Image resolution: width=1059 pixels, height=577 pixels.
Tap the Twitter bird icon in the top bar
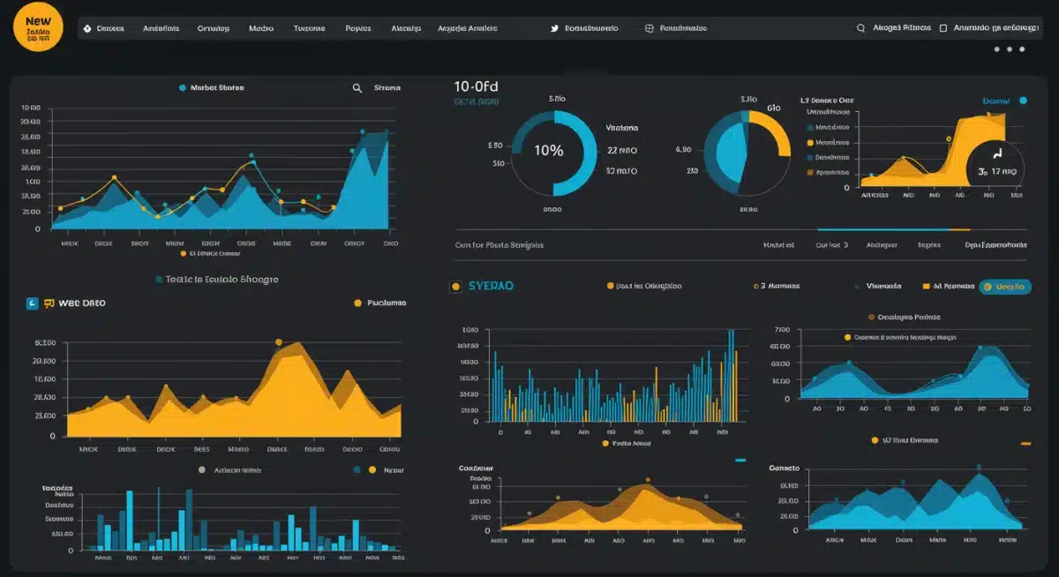pyautogui.click(x=554, y=28)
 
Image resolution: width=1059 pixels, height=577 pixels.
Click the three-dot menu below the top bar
pyautogui.click(x=1010, y=49)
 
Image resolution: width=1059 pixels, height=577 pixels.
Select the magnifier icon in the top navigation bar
pyautogui.click(x=860, y=28)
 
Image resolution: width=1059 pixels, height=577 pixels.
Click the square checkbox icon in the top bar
pyautogui.click(x=943, y=28)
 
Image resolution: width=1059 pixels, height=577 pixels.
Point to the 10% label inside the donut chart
pyautogui.click(x=548, y=151)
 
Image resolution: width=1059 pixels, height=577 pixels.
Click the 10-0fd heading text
pyautogui.click(x=476, y=86)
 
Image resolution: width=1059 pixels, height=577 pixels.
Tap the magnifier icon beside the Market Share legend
pyautogui.click(x=357, y=88)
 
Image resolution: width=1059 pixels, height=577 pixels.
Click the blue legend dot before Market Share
pyautogui.click(x=182, y=88)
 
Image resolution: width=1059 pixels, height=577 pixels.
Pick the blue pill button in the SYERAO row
pyautogui.click(x=1005, y=287)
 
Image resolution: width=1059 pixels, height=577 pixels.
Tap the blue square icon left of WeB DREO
pyautogui.click(x=34, y=303)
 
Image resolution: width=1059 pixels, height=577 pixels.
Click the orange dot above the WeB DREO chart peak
pyautogui.click(x=279, y=341)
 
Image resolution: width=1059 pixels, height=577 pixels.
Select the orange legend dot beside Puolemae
pyautogui.click(x=357, y=303)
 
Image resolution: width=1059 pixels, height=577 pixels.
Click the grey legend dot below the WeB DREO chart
pyautogui.click(x=202, y=470)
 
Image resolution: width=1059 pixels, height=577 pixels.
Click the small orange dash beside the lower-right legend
pyautogui.click(x=1025, y=443)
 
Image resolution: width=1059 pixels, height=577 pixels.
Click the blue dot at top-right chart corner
pyautogui.click(x=1023, y=101)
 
